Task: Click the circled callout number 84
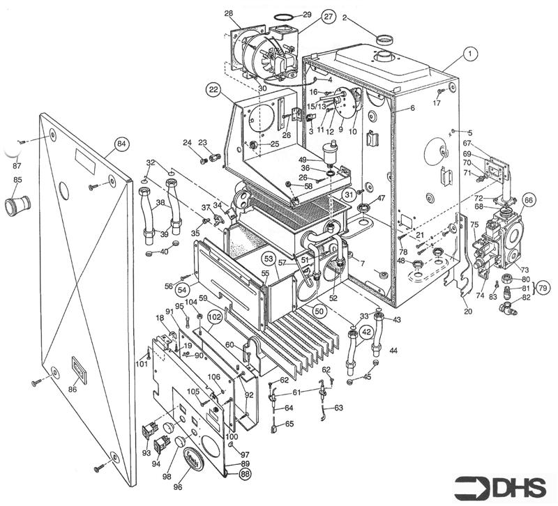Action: [x=121, y=144]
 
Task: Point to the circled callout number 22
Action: [x=213, y=89]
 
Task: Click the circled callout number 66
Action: [x=528, y=199]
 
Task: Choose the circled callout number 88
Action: [x=245, y=473]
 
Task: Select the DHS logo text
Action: [x=502, y=486]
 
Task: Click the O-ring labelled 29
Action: [x=282, y=15]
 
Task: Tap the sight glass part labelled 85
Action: [x=16, y=206]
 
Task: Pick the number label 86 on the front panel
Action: [x=73, y=389]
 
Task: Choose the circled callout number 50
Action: [x=319, y=310]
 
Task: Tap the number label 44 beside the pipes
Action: [x=394, y=349]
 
